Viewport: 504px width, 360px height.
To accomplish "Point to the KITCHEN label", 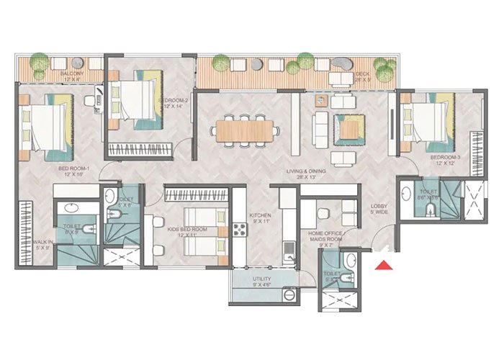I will pyautogui.click(x=259, y=218).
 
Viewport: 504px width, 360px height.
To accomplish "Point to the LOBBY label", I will pyautogui.click(x=379, y=207).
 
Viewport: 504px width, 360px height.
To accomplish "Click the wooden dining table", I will pyautogui.click(x=245, y=131).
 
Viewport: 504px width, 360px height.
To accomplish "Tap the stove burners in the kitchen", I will pyautogui.click(x=239, y=231).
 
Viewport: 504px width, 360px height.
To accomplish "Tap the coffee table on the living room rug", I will pyautogui.click(x=350, y=128).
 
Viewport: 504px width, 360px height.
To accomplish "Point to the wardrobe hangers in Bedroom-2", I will pyautogui.click(x=140, y=150).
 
